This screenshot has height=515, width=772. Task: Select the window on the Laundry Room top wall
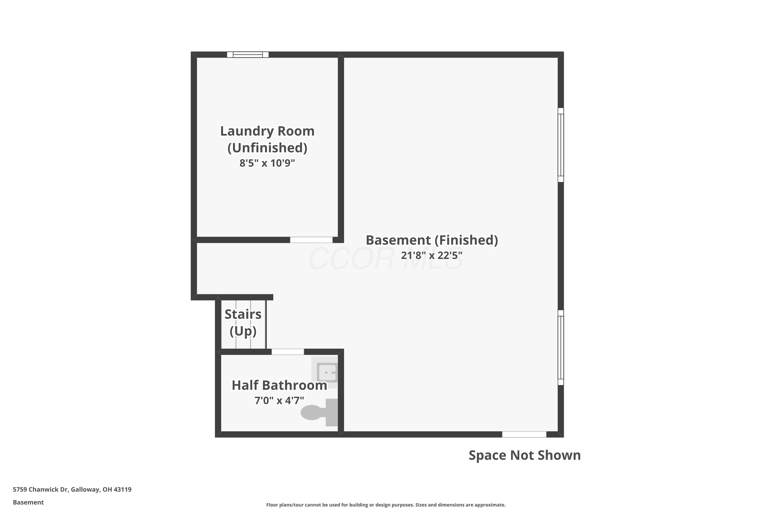click(248, 55)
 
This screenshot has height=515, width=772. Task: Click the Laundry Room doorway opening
click(311, 240)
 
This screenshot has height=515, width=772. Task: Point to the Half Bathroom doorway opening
click(287, 352)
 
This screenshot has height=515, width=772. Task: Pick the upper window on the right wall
click(561, 145)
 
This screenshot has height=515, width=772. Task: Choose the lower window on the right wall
click(561, 347)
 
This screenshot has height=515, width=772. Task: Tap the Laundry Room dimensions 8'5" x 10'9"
click(267, 163)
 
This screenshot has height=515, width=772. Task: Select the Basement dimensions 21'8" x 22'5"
click(432, 255)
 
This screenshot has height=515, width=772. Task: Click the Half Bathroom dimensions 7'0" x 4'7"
click(279, 400)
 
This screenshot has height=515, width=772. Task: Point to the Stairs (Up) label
click(243, 323)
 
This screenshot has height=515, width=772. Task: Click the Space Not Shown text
click(524, 455)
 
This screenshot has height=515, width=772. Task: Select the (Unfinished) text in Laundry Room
click(267, 148)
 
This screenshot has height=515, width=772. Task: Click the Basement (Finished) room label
click(432, 240)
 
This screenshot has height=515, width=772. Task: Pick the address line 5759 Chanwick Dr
click(72, 490)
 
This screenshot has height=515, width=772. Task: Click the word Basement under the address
click(28, 502)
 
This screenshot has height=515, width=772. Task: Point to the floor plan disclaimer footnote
click(386, 505)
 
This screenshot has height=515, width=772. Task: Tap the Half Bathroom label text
click(279, 385)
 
